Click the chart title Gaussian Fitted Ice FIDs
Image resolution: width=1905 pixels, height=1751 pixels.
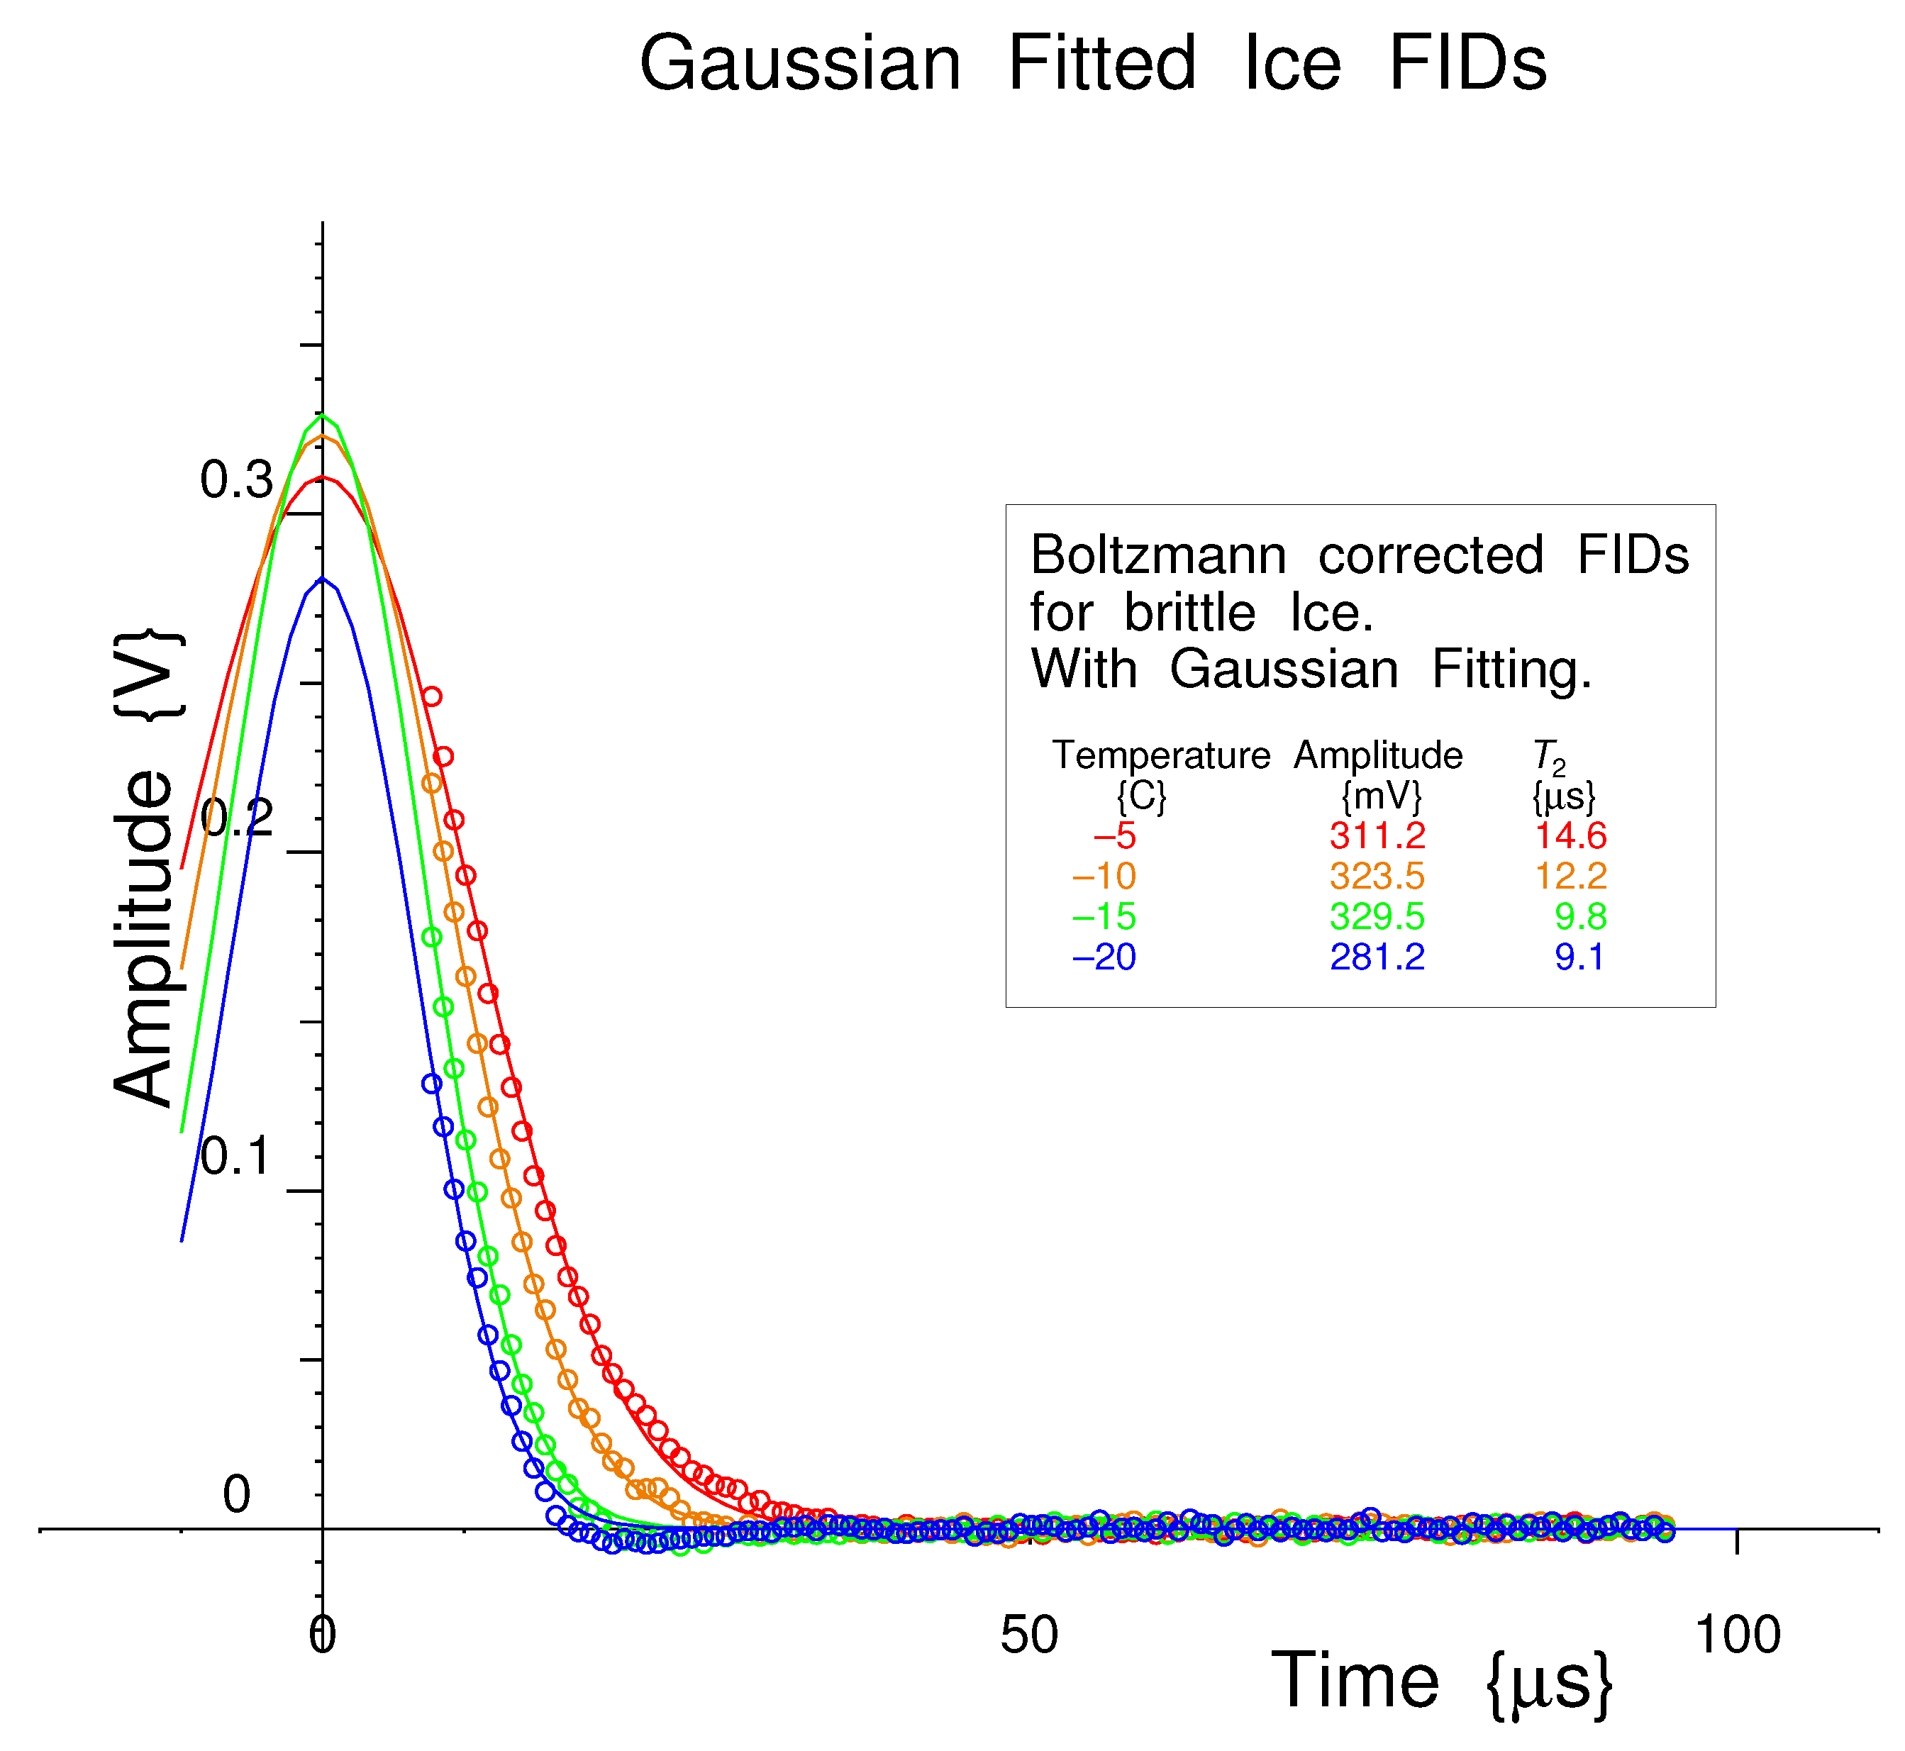click(x=1093, y=65)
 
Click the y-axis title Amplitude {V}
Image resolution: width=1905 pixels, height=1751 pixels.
click(x=147, y=866)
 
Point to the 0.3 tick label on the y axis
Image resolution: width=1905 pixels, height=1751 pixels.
click(x=236, y=480)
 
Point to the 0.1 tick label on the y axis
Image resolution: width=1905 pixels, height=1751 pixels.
click(x=236, y=1156)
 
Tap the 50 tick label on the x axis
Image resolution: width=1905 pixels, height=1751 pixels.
click(x=1028, y=1635)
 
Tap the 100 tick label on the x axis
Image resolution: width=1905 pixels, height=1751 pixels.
click(x=1737, y=1635)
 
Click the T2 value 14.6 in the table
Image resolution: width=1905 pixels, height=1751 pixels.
click(x=1570, y=835)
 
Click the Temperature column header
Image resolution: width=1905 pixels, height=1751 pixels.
click(x=1160, y=756)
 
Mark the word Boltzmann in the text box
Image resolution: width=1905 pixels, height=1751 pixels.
click(x=1158, y=555)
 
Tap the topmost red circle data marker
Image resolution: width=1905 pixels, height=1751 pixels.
click(x=431, y=696)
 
